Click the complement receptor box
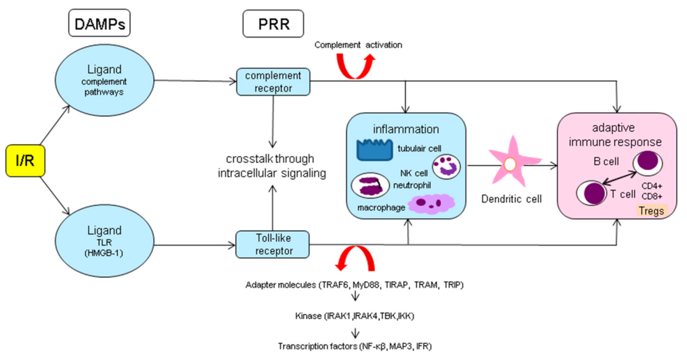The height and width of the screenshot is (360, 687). [274, 81]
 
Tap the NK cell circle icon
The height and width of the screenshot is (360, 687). [445, 166]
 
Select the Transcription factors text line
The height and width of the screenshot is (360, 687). [358, 345]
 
